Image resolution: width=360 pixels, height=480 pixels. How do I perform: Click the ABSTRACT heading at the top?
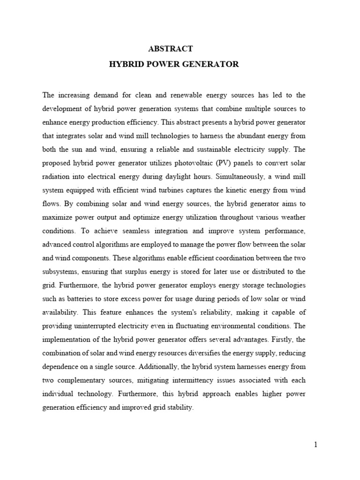click(x=170, y=48)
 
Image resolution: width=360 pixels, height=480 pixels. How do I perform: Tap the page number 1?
click(x=315, y=445)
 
